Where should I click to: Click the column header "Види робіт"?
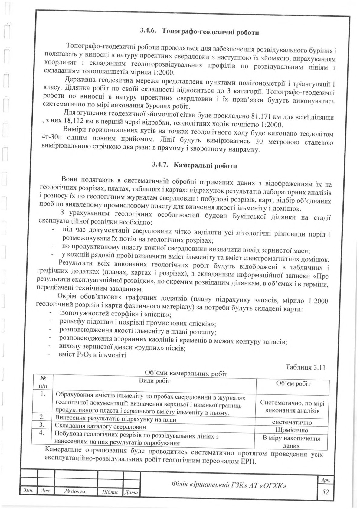155,380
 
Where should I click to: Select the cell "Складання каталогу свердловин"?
101,427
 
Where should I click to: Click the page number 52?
325,492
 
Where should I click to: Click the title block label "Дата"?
131,492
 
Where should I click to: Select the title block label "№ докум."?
76,491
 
